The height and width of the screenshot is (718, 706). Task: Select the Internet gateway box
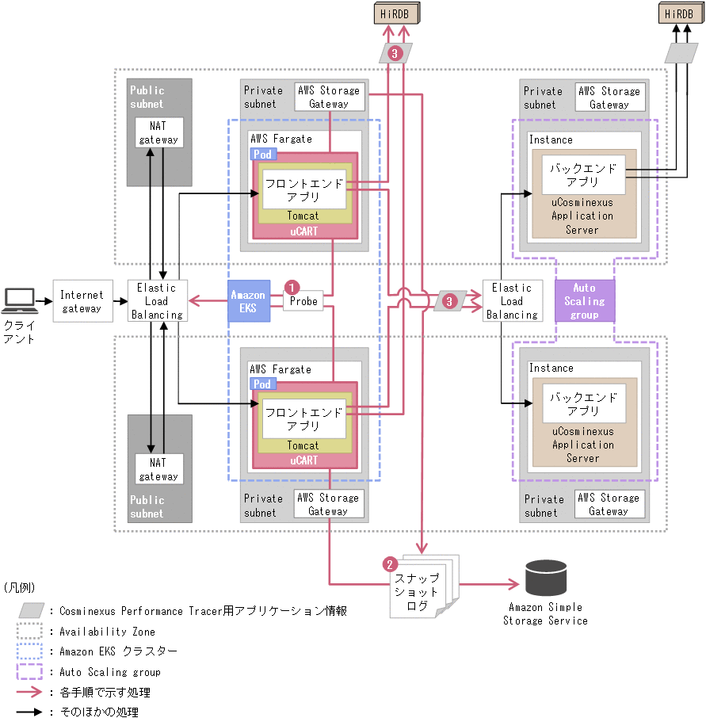(82, 301)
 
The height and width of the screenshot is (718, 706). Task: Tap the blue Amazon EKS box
(248, 301)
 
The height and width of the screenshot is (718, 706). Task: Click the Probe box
(303, 301)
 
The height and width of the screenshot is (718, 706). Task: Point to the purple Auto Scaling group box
(583, 301)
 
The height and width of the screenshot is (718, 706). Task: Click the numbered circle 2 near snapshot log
(389, 564)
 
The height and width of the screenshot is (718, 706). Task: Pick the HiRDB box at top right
(678, 13)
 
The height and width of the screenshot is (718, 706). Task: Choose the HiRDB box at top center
(396, 13)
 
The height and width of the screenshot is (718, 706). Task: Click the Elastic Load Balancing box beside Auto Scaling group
(512, 301)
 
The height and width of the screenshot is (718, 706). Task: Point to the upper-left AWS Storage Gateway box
(328, 97)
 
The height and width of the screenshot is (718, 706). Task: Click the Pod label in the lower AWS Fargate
(262, 384)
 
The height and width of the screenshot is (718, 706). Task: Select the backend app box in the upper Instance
(583, 174)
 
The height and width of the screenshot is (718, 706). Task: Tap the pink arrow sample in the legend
(30, 692)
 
